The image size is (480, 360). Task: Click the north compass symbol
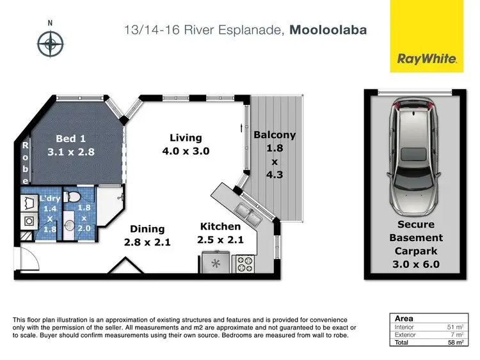pyautogui.click(x=50, y=45)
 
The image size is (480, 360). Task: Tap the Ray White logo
pyautogui.click(x=427, y=59)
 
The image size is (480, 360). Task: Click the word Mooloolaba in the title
pyautogui.click(x=328, y=29)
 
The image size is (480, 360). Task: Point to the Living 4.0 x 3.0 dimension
pyautogui.click(x=186, y=152)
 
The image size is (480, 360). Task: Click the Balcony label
pyautogui.click(x=275, y=135)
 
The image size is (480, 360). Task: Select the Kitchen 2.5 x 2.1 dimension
pyautogui.click(x=220, y=240)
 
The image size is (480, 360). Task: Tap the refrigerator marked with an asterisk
pyautogui.click(x=216, y=263)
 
